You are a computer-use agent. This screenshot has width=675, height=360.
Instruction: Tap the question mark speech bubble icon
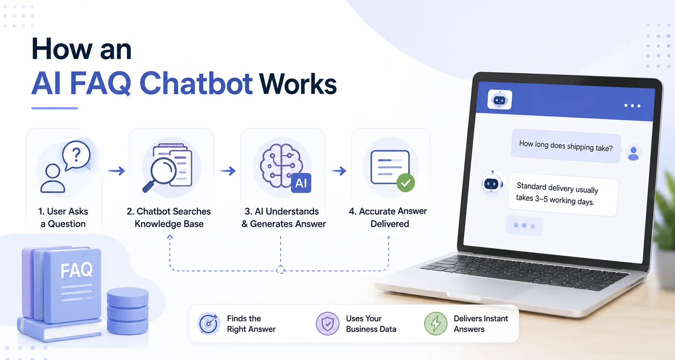point(77,156)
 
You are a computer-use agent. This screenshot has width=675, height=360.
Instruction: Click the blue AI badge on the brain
point(301,183)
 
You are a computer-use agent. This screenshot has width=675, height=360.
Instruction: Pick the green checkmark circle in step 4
point(405,183)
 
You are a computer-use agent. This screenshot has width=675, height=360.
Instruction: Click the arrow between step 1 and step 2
point(116,171)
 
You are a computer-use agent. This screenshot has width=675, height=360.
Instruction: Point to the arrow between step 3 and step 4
point(338,171)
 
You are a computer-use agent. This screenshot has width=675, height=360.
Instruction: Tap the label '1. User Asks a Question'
point(63,217)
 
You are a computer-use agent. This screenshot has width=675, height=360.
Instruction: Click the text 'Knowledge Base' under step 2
point(169,224)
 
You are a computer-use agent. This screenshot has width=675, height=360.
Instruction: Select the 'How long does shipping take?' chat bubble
point(566,146)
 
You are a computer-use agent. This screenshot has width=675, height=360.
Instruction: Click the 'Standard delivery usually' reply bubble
point(563,194)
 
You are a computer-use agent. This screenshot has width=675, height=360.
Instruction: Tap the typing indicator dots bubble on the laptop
point(524,226)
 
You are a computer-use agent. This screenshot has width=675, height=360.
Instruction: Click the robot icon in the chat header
point(500,100)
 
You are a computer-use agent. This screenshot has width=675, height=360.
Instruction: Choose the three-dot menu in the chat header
point(633,106)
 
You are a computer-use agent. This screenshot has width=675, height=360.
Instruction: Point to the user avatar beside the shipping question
point(633,153)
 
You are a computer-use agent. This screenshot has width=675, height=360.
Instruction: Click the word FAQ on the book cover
point(77,270)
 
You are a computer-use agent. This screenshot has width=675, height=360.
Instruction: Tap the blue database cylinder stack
point(128,311)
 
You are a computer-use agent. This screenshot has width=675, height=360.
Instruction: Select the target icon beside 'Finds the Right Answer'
point(208,323)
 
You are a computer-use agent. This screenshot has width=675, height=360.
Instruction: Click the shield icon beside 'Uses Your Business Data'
point(327,323)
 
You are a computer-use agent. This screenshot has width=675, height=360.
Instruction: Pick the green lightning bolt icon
point(436,323)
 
